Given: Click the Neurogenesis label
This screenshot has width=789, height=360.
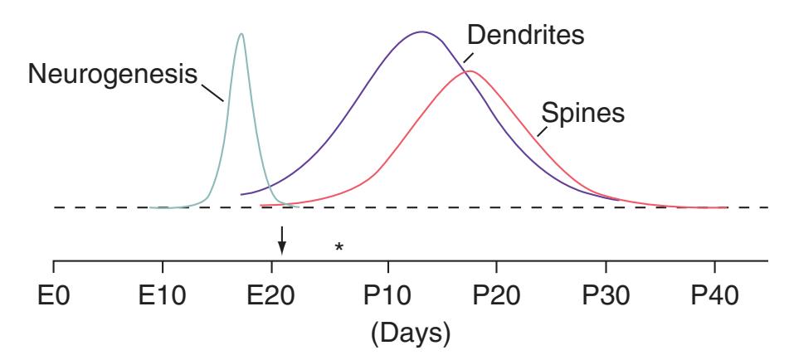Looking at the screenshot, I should pos(114,75).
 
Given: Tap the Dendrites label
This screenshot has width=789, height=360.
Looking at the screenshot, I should pos(525,36).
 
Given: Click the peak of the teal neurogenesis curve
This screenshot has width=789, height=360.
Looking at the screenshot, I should pos(241,34).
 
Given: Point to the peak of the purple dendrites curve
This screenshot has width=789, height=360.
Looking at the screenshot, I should pos(421,32).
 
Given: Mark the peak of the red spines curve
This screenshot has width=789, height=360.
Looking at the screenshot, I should pos(470,71).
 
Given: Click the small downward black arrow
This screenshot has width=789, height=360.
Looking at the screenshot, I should pos(282,240).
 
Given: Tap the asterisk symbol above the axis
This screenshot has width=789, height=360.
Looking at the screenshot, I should pos(338,247).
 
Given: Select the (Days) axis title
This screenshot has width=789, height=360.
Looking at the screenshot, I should pos(411,333).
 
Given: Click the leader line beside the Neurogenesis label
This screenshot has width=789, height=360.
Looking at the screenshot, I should pos(212,89).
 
